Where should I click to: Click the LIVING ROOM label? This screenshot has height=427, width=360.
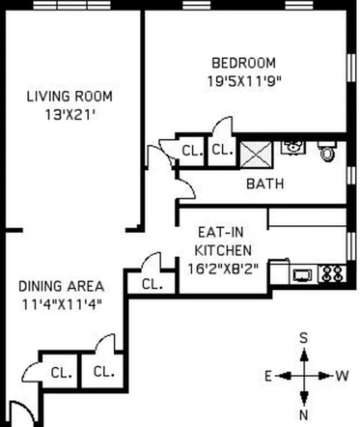69,97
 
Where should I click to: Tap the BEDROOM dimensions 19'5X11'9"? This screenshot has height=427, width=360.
244,81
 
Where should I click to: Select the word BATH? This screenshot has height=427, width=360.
265,184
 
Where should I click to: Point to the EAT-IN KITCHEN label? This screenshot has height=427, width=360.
223,241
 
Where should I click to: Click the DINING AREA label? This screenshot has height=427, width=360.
61,286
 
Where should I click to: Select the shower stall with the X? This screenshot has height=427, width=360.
256,154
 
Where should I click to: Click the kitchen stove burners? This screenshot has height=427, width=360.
332,274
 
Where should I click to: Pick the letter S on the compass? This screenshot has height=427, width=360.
303,337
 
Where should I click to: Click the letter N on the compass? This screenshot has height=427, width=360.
304,415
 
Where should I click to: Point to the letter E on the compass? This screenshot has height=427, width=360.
268,376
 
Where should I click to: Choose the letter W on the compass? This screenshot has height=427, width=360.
342,376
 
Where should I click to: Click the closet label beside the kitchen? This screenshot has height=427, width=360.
153,284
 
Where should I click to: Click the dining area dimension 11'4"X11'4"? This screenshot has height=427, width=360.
61,304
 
